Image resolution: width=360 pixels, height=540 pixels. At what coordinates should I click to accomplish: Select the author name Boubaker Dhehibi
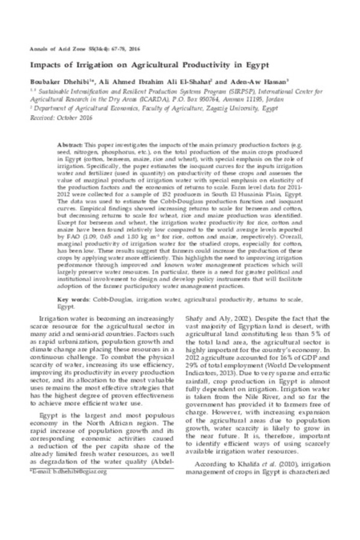(55, 81)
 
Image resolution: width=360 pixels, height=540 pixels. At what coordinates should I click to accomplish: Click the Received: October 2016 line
(56, 119)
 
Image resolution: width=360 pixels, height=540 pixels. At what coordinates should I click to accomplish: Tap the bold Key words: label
(73, 299)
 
